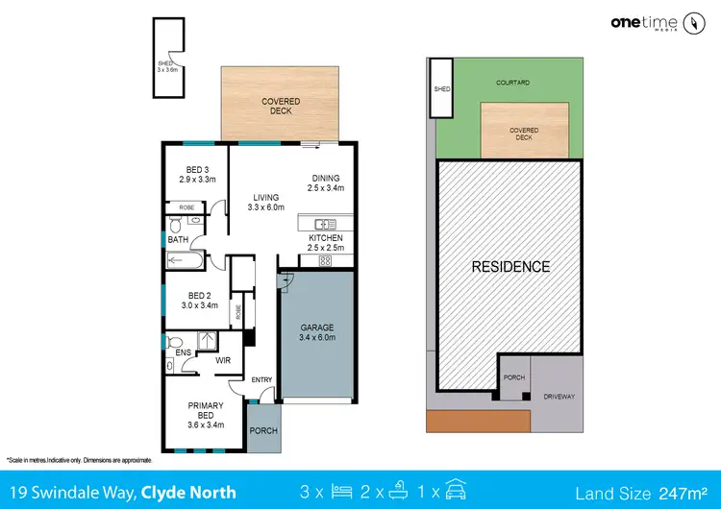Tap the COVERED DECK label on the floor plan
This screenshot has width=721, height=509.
(280, 106)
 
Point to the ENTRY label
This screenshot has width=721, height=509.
(261, 381)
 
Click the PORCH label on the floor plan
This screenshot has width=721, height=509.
(262, 431)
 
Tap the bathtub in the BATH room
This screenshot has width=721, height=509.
(184, 260)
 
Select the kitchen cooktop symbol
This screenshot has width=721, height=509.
(324, 260)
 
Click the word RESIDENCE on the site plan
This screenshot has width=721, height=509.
(510, 267)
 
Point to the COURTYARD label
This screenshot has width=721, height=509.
(513, 84)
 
